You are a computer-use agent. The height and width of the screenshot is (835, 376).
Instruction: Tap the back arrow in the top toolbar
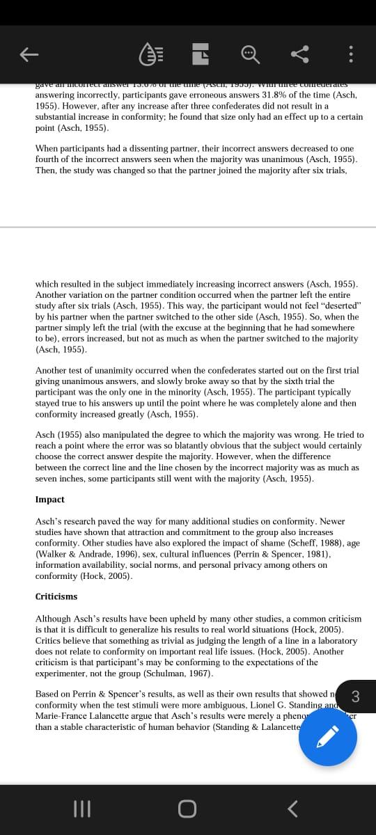point(29,54)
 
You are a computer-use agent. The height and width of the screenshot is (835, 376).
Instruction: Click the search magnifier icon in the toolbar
point(249,54)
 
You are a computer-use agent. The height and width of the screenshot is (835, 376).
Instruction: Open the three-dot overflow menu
point(352,54)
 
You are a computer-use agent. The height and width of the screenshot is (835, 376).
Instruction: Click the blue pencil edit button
point(328,736)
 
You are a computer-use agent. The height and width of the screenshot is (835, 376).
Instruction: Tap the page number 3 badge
point(356,696)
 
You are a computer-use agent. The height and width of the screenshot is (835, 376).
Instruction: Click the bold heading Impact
point(49,500)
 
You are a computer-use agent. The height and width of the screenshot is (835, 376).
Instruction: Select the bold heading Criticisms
point(56,597)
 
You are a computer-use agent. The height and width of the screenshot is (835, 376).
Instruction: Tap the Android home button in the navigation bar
point(187,809)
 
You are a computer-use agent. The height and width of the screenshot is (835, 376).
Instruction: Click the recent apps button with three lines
point(83,809)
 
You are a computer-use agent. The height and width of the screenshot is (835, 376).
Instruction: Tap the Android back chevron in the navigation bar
point(293,809)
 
